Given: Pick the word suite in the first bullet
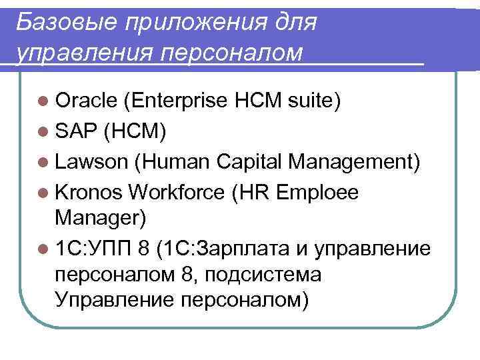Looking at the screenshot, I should pos(315,101).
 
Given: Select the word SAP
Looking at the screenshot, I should pos(77,131).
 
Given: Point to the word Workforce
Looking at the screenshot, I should pos(178,192).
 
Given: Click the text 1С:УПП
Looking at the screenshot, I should pos(94,249).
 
